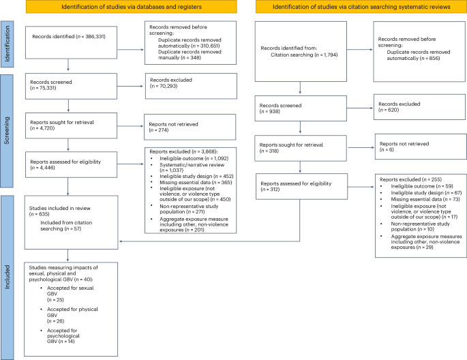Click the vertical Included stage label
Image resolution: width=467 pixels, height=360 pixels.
(x=7, y=273)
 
